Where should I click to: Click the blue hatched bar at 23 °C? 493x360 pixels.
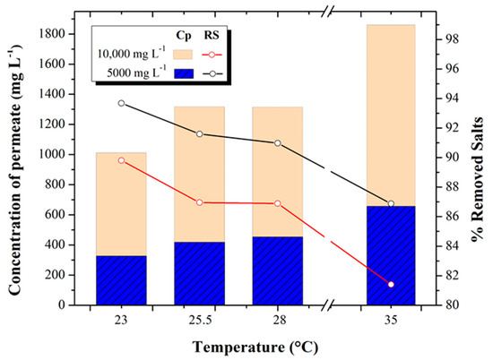tap(121, 280)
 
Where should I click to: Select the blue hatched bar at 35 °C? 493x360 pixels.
tap(391, 255)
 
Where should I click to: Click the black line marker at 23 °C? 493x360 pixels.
tap(121, 103)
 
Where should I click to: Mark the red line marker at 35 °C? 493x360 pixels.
tap(391, 284)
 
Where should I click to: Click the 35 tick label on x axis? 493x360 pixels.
tap(391, 319)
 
